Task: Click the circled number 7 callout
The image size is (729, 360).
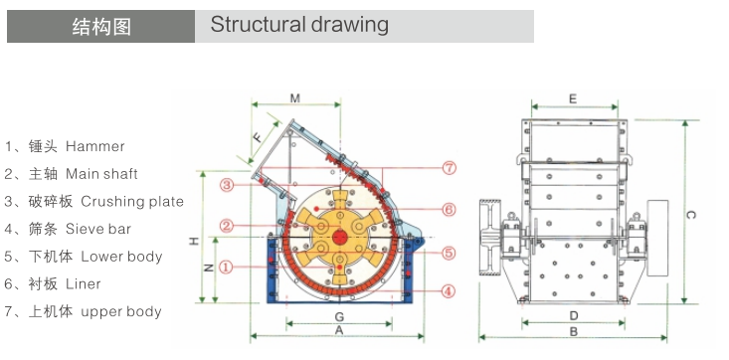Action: tap(450, 168)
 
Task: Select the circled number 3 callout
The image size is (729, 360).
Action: tap(227, 185)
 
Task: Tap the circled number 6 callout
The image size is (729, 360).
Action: tap(449, 210)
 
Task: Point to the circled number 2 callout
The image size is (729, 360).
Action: tap(227, 226)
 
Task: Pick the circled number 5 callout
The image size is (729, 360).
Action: tap(449, 253)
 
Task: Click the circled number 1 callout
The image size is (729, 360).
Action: tap(226, 267)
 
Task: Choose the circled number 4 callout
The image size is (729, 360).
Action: tap(448, 291)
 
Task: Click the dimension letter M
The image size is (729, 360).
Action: tap(295, 98)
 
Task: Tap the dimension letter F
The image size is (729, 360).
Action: tap(258, 137)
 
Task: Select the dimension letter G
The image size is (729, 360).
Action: tap(339, 317)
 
